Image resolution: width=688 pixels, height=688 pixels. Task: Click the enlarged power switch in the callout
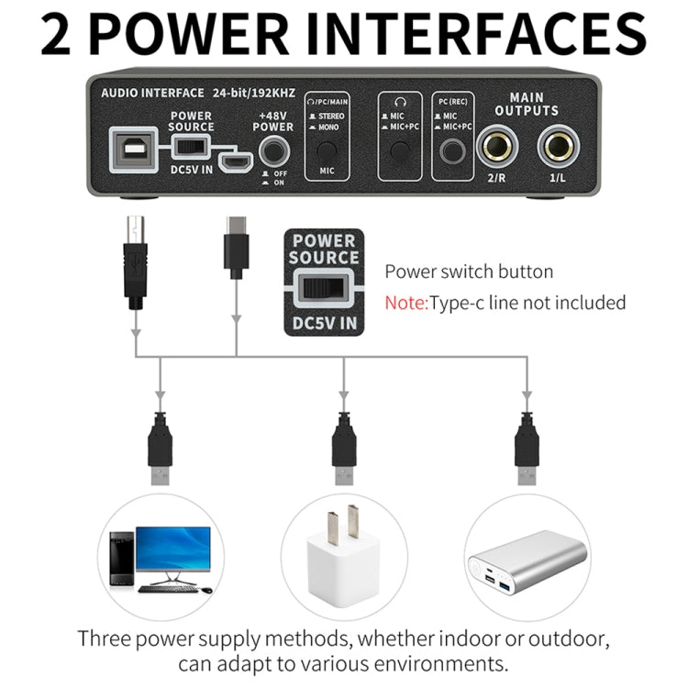[324, 289]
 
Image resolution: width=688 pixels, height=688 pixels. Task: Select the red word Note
[405, 302]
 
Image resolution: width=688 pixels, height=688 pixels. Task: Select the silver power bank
[527, 563]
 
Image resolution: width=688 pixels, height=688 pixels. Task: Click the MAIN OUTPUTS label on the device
[526, 104]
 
